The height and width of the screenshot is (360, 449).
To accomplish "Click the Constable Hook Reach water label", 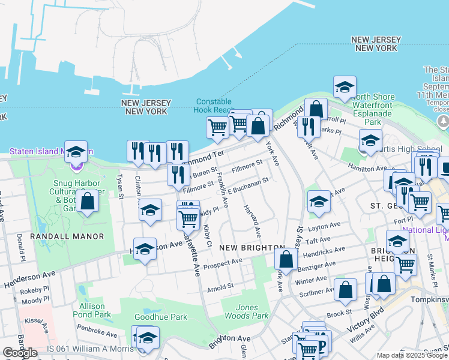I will [x=214, y=105].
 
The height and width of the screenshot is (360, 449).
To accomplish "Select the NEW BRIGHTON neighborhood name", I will [x=251, y=248].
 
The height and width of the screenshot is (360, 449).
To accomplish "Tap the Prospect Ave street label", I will [x=222, y=263].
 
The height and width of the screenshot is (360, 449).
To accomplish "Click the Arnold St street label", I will [x=220, y=288].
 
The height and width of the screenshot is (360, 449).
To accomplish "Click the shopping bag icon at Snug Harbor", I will [x=88, y=202].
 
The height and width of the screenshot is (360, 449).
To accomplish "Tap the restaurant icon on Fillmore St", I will [x=178, y=174].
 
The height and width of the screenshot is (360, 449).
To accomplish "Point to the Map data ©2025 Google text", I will [x=412, y=355].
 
